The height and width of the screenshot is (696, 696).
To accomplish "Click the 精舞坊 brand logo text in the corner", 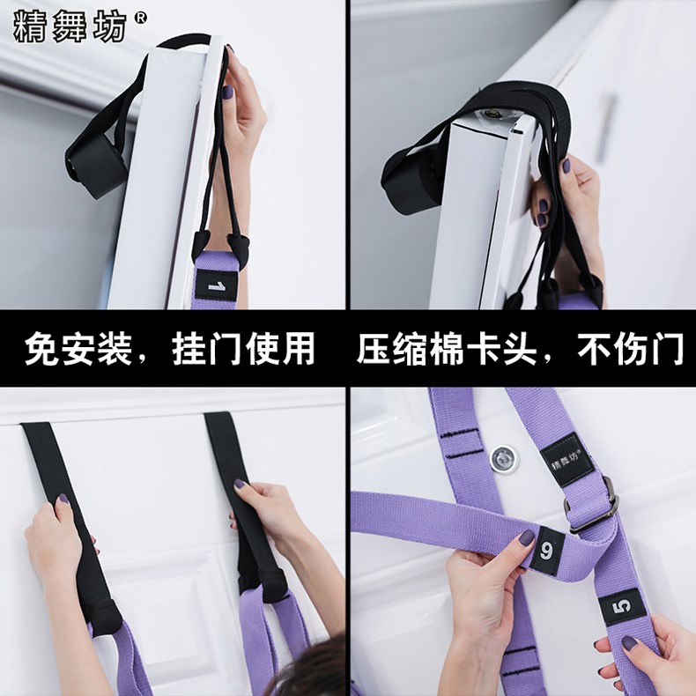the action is pos(70,26).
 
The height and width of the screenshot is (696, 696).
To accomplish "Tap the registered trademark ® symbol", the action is pos(141,18).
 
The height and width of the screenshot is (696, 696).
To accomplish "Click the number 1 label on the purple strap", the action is pos(216,285).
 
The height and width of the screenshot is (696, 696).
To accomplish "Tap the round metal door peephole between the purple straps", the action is pos(504,459).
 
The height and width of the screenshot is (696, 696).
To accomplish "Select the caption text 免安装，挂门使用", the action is pos(169,349).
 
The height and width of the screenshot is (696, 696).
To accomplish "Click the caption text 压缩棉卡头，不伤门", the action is pos(520,349).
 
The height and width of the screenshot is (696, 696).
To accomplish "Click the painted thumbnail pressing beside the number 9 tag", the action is pos(527,538).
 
